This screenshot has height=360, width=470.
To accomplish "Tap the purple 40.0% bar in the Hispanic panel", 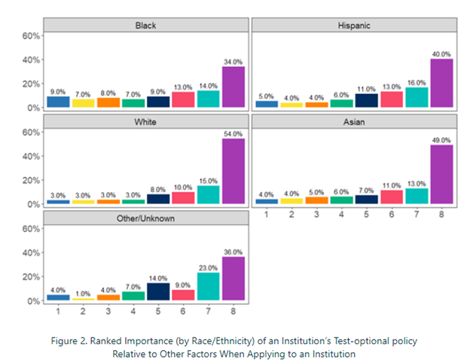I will coord(441,83).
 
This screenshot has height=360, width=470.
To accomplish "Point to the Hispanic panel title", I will coord(355,26).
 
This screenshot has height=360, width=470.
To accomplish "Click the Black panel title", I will coord(145,26).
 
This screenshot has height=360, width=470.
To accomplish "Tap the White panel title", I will coord(145,122).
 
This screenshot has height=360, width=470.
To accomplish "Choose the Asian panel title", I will coord(355,122).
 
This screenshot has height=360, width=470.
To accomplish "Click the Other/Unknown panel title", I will coord(145,218).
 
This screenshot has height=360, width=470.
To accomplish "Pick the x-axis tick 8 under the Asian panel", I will coord(442,215).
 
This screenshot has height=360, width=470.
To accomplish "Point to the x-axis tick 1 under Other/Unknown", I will coord(57,310).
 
